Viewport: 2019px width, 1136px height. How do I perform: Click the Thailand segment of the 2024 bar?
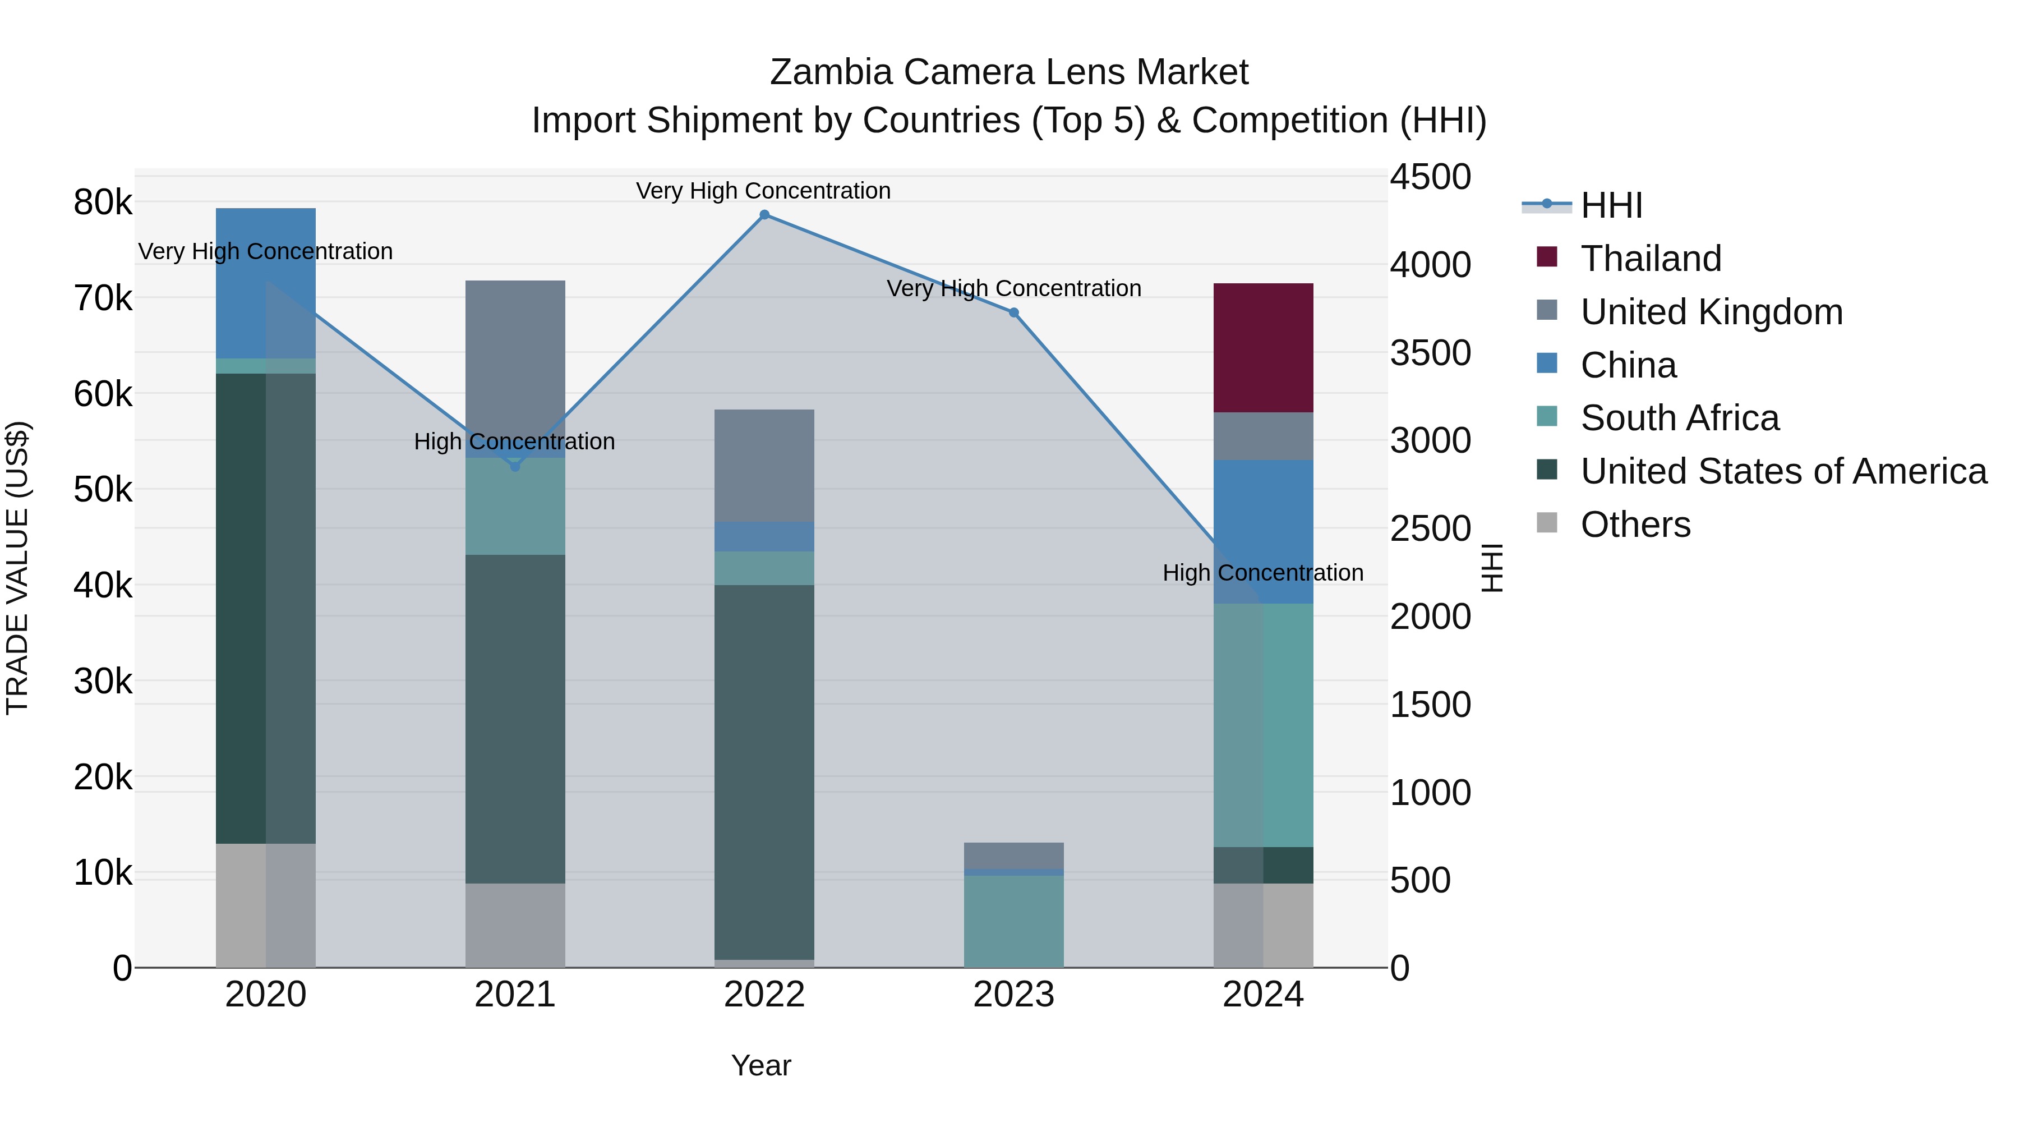click(x=1262, y=347)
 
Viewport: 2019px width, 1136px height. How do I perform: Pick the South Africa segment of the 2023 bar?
click(x=1013, y=921)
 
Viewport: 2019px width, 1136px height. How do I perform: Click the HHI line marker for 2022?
click(x=764, y=215)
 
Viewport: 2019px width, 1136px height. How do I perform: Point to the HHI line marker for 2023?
click(x=1013, y=313)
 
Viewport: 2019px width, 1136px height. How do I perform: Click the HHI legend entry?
click(x=1611, y=205)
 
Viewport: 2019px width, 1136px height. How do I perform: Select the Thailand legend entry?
click(x=1651, y=259)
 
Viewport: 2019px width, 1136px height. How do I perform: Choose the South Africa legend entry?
click(x=1679, y=418)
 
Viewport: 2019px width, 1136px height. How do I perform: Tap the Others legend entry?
click(x=1635, y=525)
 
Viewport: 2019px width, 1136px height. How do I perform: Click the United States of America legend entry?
click(x=1783, y=471)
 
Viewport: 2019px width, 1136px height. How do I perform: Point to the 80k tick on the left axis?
click(x=103, y=203)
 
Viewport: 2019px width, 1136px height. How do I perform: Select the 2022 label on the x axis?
click(x=764, y=995)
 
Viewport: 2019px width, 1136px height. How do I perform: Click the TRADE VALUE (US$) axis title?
click(x=17, y=568)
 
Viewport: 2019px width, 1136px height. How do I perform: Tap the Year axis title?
click(x=761, y=1065)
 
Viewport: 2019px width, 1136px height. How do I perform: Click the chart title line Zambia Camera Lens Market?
click(x=1009, y=72)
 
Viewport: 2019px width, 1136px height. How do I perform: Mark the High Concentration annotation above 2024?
click(x=1262, y=573)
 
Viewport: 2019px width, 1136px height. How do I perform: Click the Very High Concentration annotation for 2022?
click(x=763, y=191)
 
